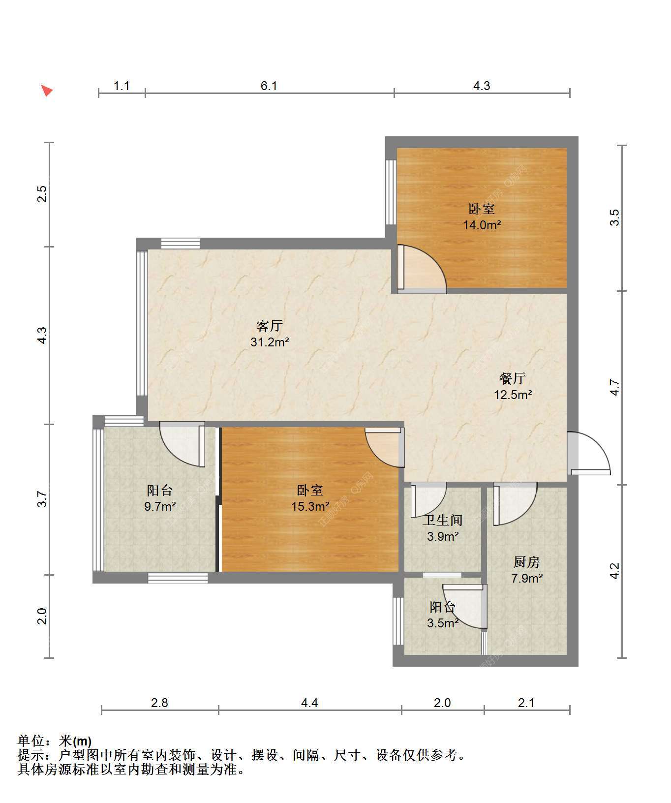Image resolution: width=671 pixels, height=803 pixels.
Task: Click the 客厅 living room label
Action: click(x=270, y=326)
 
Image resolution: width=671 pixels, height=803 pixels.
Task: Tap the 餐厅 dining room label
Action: click(x=513, y=378)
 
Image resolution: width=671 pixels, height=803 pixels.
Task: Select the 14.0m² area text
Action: click(x=482, y=225)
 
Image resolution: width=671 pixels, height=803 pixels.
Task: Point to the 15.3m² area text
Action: click(x=310, y=506)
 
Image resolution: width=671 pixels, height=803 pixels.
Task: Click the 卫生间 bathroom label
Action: click(x=443, y=520)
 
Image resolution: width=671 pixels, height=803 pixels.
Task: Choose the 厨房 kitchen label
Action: click(x=526, y=562)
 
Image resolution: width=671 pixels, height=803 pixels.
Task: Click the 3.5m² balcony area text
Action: click(x=443, y=623)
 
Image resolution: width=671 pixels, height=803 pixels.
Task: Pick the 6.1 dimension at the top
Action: click(x=269, y=86)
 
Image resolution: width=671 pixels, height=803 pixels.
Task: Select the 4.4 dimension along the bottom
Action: click(x=309, y=703)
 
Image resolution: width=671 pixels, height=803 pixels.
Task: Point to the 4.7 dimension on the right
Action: click(x=614, y=387)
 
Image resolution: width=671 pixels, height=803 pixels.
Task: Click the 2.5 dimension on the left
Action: click(x=42, y=194)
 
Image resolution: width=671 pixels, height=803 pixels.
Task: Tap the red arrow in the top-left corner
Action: click(x=46, y=90)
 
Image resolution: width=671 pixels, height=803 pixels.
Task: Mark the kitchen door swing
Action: click(x=515, y=504)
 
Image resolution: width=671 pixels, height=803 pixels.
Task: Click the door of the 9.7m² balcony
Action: click(x=182, y=444)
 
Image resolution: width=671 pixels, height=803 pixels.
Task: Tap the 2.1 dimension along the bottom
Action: click(x=526, y=703)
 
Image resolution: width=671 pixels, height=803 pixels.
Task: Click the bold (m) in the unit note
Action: click(x=82, y=741)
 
